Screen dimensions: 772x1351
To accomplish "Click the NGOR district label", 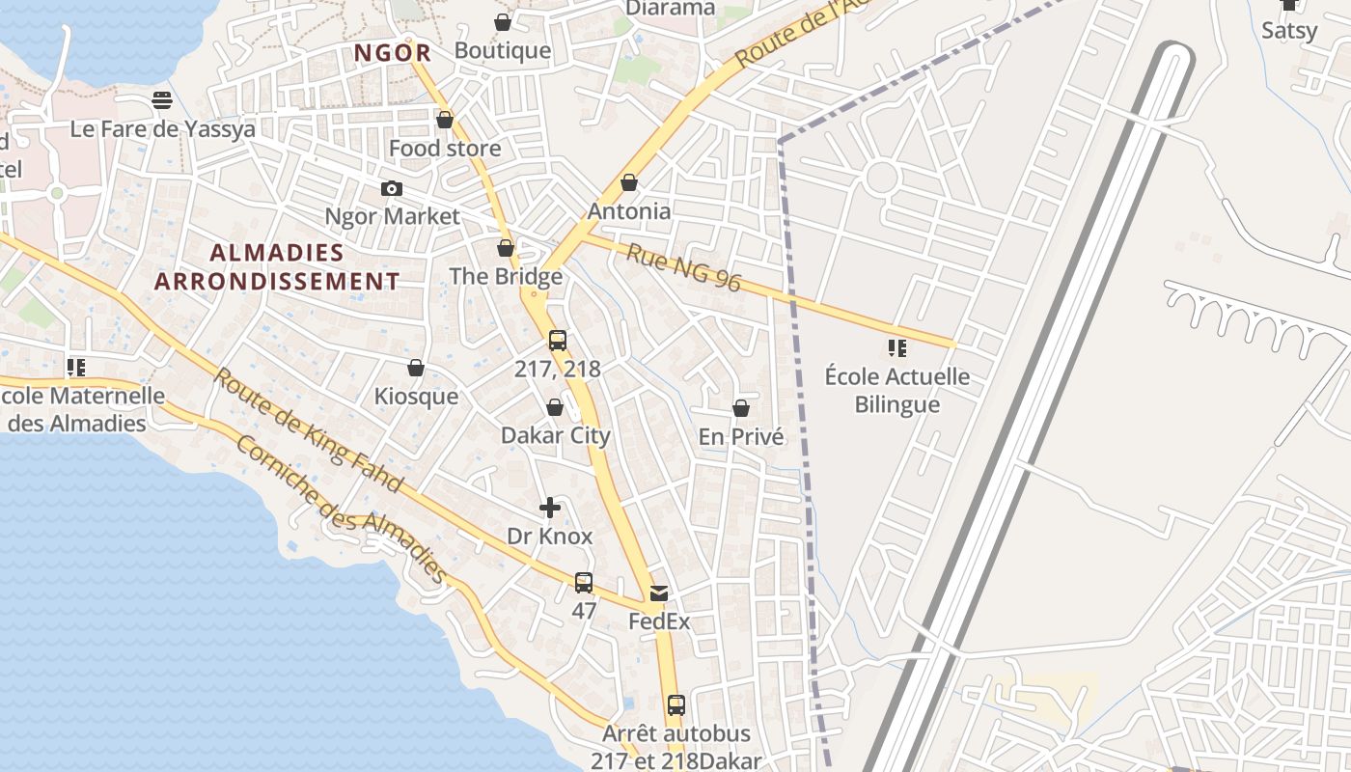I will tap(392, 53).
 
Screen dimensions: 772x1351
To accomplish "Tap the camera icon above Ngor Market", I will tap(392, 188).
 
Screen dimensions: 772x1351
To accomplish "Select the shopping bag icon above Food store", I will tap(445, 121).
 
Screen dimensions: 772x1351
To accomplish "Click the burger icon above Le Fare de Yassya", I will tap(162, 100).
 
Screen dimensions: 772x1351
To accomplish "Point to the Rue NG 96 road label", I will tap(683, 267).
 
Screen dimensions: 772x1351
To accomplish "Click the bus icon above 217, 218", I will tap(558, 341).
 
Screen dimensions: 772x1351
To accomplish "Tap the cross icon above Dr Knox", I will tap(550, 508).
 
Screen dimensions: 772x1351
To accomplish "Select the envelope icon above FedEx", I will tap(659, 593).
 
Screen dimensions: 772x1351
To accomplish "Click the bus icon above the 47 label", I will tap(584, 583).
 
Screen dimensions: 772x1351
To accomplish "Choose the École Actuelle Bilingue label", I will tap(897, 390).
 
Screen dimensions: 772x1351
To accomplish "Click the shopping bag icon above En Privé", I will tap(741, 409).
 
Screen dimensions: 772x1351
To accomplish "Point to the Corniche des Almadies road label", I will tap(342, 509).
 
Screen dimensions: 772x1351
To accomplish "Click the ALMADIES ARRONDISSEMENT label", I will tap(277, 267).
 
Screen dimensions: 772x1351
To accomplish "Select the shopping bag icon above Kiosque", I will tap(416, 369).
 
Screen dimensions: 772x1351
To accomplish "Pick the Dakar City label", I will tap(556, 435).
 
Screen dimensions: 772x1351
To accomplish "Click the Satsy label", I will tap(1289, 31).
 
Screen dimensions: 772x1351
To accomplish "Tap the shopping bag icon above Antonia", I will tap(629, 182).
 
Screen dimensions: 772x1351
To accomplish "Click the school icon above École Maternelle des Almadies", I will tap(76, 368).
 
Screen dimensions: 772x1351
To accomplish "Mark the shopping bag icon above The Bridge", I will tap(506, 249).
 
